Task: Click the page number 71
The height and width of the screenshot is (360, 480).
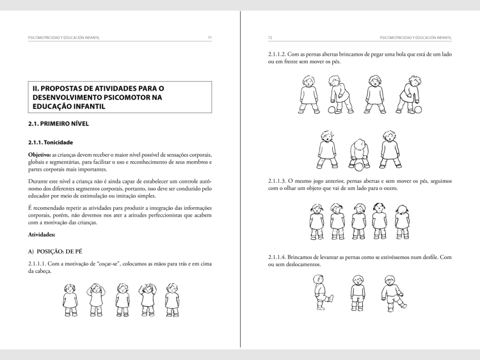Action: (x=210, y=38)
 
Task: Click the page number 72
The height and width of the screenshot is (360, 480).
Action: (x=270, y=38)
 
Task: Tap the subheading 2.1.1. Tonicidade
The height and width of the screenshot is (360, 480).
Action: (x=51, y=142)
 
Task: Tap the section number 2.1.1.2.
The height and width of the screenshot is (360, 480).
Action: (x=280, y=54)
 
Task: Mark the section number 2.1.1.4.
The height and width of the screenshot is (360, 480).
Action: (x=280, y=257)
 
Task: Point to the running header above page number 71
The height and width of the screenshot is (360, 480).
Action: (x=61, y=38)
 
